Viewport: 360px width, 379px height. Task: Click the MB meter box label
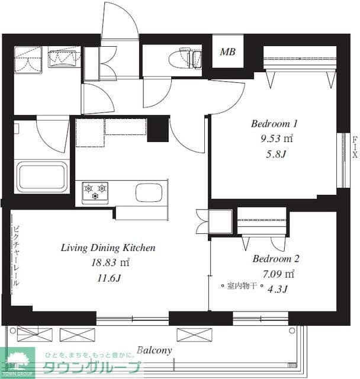(x=227, y=52)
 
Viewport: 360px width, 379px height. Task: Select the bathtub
(x=42, y=176)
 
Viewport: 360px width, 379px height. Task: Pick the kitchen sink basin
(x=149, y=192)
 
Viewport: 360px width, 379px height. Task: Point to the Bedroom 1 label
(x=274, y=124)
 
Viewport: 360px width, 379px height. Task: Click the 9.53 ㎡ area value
(x=277, y=139)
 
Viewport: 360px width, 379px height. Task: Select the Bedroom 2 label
(x=276, y=259)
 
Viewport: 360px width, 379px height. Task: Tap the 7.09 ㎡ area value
(x=278, y=274)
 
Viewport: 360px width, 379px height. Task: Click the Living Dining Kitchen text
(x=108, y=248)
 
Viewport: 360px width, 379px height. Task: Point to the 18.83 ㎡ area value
(x=110, y=262)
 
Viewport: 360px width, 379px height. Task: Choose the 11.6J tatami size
(x=109, y=278)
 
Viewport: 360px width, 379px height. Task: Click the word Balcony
(x=155, y=350)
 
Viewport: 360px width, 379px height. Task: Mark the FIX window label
(x=355, y=147)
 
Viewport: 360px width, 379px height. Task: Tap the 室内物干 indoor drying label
(x=242, y=286)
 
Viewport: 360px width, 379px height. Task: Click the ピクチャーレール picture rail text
(x=16, y=256)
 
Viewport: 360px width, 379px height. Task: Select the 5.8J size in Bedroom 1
(x=276, y=154)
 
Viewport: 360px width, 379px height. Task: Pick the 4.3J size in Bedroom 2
(x=278, y=289)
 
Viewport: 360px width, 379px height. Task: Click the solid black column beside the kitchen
(x=158, y=129)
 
